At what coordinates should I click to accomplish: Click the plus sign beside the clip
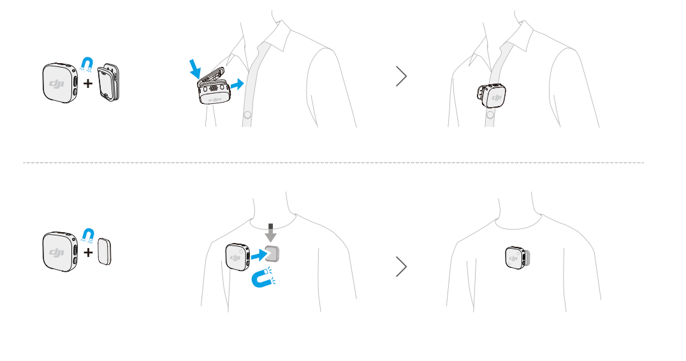pos(88,83)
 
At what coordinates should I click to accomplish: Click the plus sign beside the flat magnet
pos(88,253)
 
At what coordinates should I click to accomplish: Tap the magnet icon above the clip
pos(87,64)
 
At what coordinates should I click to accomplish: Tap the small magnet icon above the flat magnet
pos(88,235)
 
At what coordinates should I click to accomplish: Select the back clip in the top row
pos(108,82)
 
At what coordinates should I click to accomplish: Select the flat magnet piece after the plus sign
pos(104,251)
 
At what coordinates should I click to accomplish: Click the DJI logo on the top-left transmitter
pos(57,83)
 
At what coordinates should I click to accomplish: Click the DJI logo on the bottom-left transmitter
pos(57,253)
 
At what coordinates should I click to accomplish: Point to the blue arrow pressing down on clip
pos(194,69)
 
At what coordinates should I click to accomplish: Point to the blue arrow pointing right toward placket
pos(237,84)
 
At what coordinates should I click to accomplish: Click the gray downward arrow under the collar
pos(271,233)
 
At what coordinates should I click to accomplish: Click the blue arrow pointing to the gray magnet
pos(259,254)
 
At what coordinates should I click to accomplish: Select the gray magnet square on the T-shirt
pos(272,254)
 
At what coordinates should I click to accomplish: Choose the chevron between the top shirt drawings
pos(401,76)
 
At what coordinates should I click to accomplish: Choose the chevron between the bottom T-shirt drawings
pos(401,267)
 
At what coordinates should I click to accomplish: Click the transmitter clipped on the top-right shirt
pos(492,96)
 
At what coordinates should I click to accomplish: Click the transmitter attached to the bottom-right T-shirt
pos(518,258)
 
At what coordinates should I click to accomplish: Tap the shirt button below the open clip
pos(247,115)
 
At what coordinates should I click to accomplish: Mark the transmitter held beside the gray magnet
pos(238,257)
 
